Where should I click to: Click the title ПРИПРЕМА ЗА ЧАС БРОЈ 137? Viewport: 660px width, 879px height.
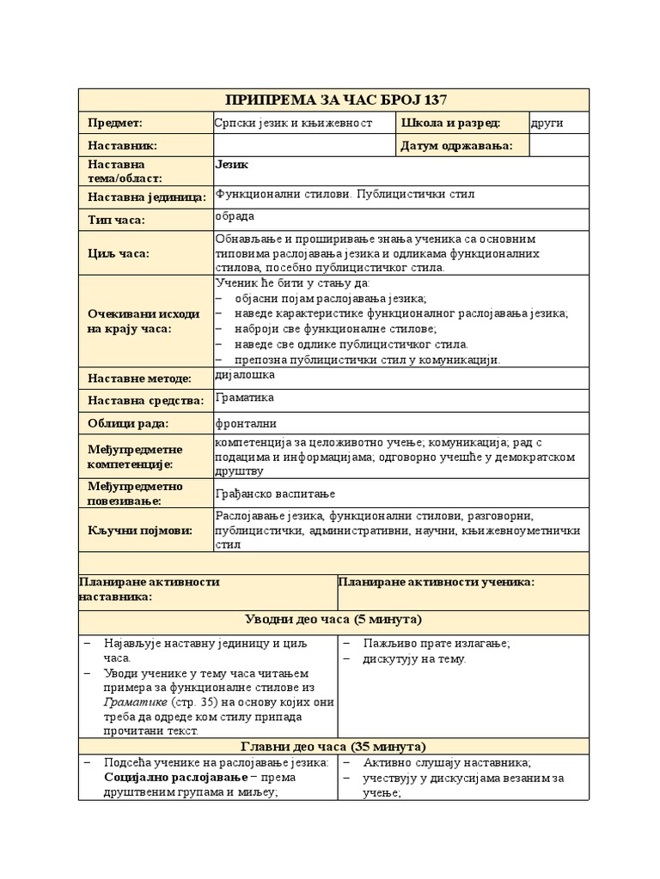click(x=334, y=100)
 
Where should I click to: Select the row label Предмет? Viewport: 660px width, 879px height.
click(x=115, y=124)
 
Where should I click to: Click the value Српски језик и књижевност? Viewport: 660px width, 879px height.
click(x=293, y=124)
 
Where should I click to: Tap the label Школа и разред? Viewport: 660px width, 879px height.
click(x=450, y=124)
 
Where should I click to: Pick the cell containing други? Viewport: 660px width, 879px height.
click(x=547, y=124)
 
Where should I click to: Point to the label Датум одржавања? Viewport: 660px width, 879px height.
click(x=456, y=146)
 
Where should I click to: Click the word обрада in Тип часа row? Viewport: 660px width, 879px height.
click(x=235, y=216)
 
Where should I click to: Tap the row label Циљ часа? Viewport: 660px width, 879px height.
click(x=118, y=253)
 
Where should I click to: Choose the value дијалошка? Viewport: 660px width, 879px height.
click(x=245, y=374)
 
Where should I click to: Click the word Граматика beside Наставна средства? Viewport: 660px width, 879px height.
click(x=245, y=397)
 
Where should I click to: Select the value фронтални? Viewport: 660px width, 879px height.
click(x=246, y=423)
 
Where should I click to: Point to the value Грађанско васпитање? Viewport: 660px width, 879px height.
click(x=275, y=494)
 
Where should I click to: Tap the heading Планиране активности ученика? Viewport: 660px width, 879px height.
click(x=437, y=582)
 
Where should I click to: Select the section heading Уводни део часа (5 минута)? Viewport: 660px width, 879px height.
click(x=334, y=620)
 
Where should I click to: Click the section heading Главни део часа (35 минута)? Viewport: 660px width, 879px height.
click(x=334, y=746)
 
